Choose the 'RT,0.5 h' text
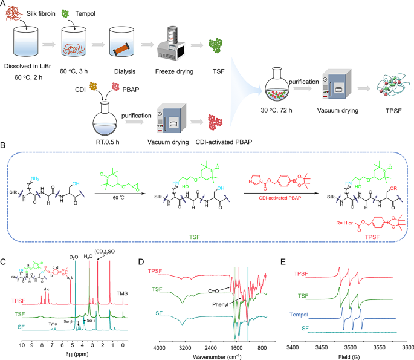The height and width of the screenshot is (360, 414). [98, 140]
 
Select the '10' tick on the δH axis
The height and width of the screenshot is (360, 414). [22, 342]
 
